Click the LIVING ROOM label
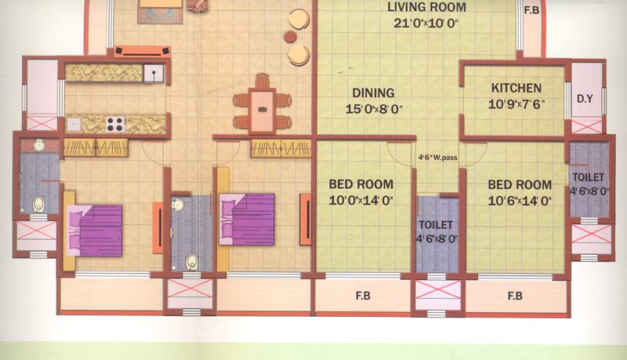[426, 7]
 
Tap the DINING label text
[373, 93]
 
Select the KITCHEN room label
[516, 88]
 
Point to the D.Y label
[585, 98]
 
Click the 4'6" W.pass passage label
[438, 158]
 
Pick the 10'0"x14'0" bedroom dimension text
[361, 200]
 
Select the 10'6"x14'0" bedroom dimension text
[520, 201]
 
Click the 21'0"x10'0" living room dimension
[426, 24]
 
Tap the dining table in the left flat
[262, 109]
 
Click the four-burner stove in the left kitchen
[115, 124]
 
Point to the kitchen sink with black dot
[154, 74]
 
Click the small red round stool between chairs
[290, 37]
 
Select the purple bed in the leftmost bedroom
[94, 231]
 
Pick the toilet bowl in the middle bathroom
[192, 262]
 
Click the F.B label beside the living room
[532, 10]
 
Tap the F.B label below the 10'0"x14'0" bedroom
[363, 296]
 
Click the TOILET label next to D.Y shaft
[589, 177]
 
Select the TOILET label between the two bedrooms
[436, 225]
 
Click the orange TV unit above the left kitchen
[143, 51]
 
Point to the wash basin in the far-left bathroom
[38, 145]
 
